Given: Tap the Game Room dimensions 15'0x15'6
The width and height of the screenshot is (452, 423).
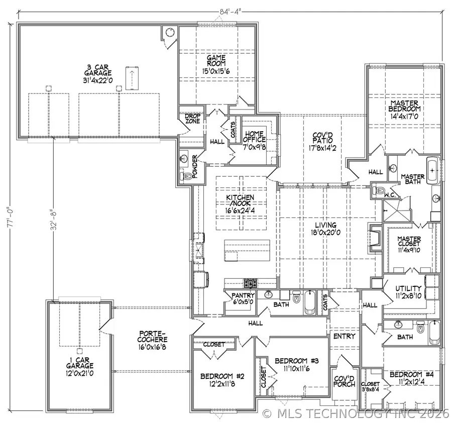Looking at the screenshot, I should coord(216,71).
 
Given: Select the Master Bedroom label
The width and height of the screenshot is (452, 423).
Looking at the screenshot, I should coord(405,106).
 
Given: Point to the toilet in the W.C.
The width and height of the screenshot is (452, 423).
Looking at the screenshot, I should coord(380,191).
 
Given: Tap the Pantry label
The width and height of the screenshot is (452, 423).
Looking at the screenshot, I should coord(243,295).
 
